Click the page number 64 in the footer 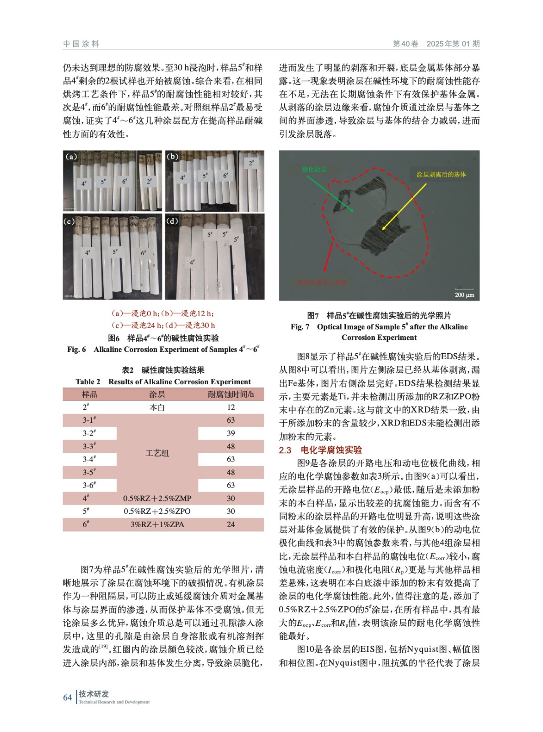(x=67, y=697)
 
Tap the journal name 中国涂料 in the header (x=81, y=44)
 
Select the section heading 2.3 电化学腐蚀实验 (x=320, y=450)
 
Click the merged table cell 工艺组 (x=157, y=453)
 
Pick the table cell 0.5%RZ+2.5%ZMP (x=157, y=498)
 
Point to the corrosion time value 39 (x=231, y=433)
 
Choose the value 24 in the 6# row (x=231, y=524)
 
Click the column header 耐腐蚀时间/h (x=231, y=394)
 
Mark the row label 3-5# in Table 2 (x=89, y=472)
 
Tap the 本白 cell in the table (x=157, y=407)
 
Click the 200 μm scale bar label (x=464, y=295)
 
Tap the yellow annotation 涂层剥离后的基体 (x=441, y=174)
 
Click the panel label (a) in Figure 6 (x=71, y=157)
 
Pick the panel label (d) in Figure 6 (x=172, y=221)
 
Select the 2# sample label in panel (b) (x=251, y=163)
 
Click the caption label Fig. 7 (x=300, y=327)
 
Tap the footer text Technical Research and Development (x=114, y=702)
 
